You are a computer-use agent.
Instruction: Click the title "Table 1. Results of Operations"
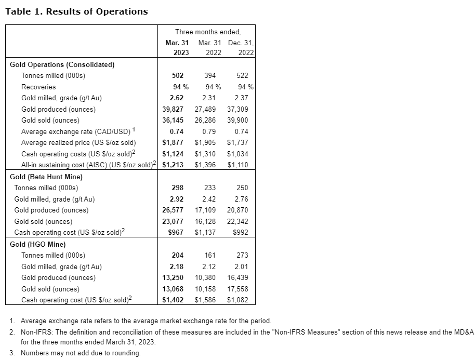[76, 11]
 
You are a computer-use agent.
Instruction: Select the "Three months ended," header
[207, 32]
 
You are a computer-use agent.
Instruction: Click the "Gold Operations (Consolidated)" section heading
[62, 65]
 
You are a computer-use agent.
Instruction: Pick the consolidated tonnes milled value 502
[177, 76]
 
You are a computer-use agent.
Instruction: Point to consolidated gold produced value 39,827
[173, 110]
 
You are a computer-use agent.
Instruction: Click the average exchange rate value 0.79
[209, 132]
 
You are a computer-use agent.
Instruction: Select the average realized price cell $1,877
[173, 143]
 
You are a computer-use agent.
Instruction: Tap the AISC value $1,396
[205, 165]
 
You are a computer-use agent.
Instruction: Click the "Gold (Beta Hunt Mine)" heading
[46, 177]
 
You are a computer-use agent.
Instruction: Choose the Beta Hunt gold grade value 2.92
[177, 199]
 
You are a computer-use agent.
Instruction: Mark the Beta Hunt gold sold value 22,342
[238, 222]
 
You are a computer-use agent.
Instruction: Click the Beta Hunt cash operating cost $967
[175, 233]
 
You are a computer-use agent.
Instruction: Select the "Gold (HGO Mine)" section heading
[38, 244]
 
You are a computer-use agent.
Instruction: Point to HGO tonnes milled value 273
[242, 255]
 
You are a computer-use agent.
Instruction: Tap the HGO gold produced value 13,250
[173, 278]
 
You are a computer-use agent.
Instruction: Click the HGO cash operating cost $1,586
[205, 300]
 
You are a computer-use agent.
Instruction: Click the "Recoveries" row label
[38, 87]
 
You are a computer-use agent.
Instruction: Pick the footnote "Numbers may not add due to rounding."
[81, 353]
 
